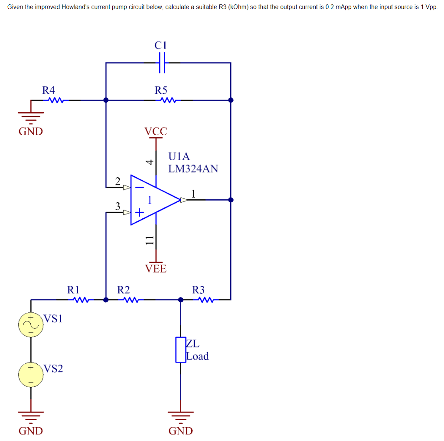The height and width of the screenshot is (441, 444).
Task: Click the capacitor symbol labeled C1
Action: [x=162, y=63]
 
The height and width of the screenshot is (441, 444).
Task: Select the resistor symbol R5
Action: [x=167, y=101]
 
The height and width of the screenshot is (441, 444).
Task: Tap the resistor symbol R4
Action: [x=57, y=101]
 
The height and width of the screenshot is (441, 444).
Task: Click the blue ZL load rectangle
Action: [x=180, y=350]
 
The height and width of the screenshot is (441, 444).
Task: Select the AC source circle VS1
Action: [x=31, y=325]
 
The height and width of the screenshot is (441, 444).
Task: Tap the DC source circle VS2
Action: [x=31, y=374]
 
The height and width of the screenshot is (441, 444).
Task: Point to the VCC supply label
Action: [x=156, y=131]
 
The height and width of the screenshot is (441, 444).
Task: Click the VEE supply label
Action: [x=156, y=269]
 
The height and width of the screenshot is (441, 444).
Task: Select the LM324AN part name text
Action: [x=193, y=169]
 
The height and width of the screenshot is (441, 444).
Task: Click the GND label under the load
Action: [x=180, y=431]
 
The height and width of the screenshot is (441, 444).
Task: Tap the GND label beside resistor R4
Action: [x=31, y=131]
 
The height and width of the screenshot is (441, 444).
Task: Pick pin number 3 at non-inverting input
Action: [x=117, y=207]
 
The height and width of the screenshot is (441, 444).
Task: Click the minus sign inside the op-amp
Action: [x=139, y=187]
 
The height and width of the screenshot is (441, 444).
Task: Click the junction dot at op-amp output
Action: [x=231, y=200]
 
